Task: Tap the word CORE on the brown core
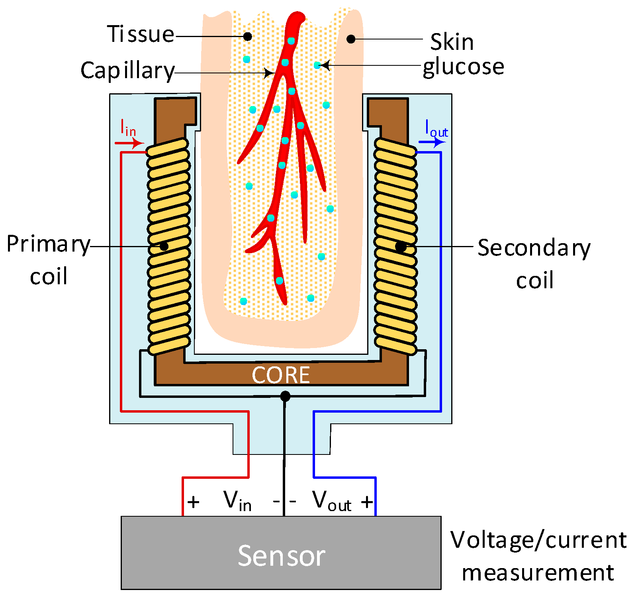281,375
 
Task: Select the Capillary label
127,71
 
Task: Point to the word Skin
452,42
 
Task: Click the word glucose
463,67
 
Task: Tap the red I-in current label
128,129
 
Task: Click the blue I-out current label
436,129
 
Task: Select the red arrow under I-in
129,143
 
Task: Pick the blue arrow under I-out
432,142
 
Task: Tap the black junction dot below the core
285,396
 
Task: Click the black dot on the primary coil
164,246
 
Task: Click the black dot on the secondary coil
401,247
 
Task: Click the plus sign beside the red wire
193,502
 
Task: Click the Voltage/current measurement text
538,556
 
